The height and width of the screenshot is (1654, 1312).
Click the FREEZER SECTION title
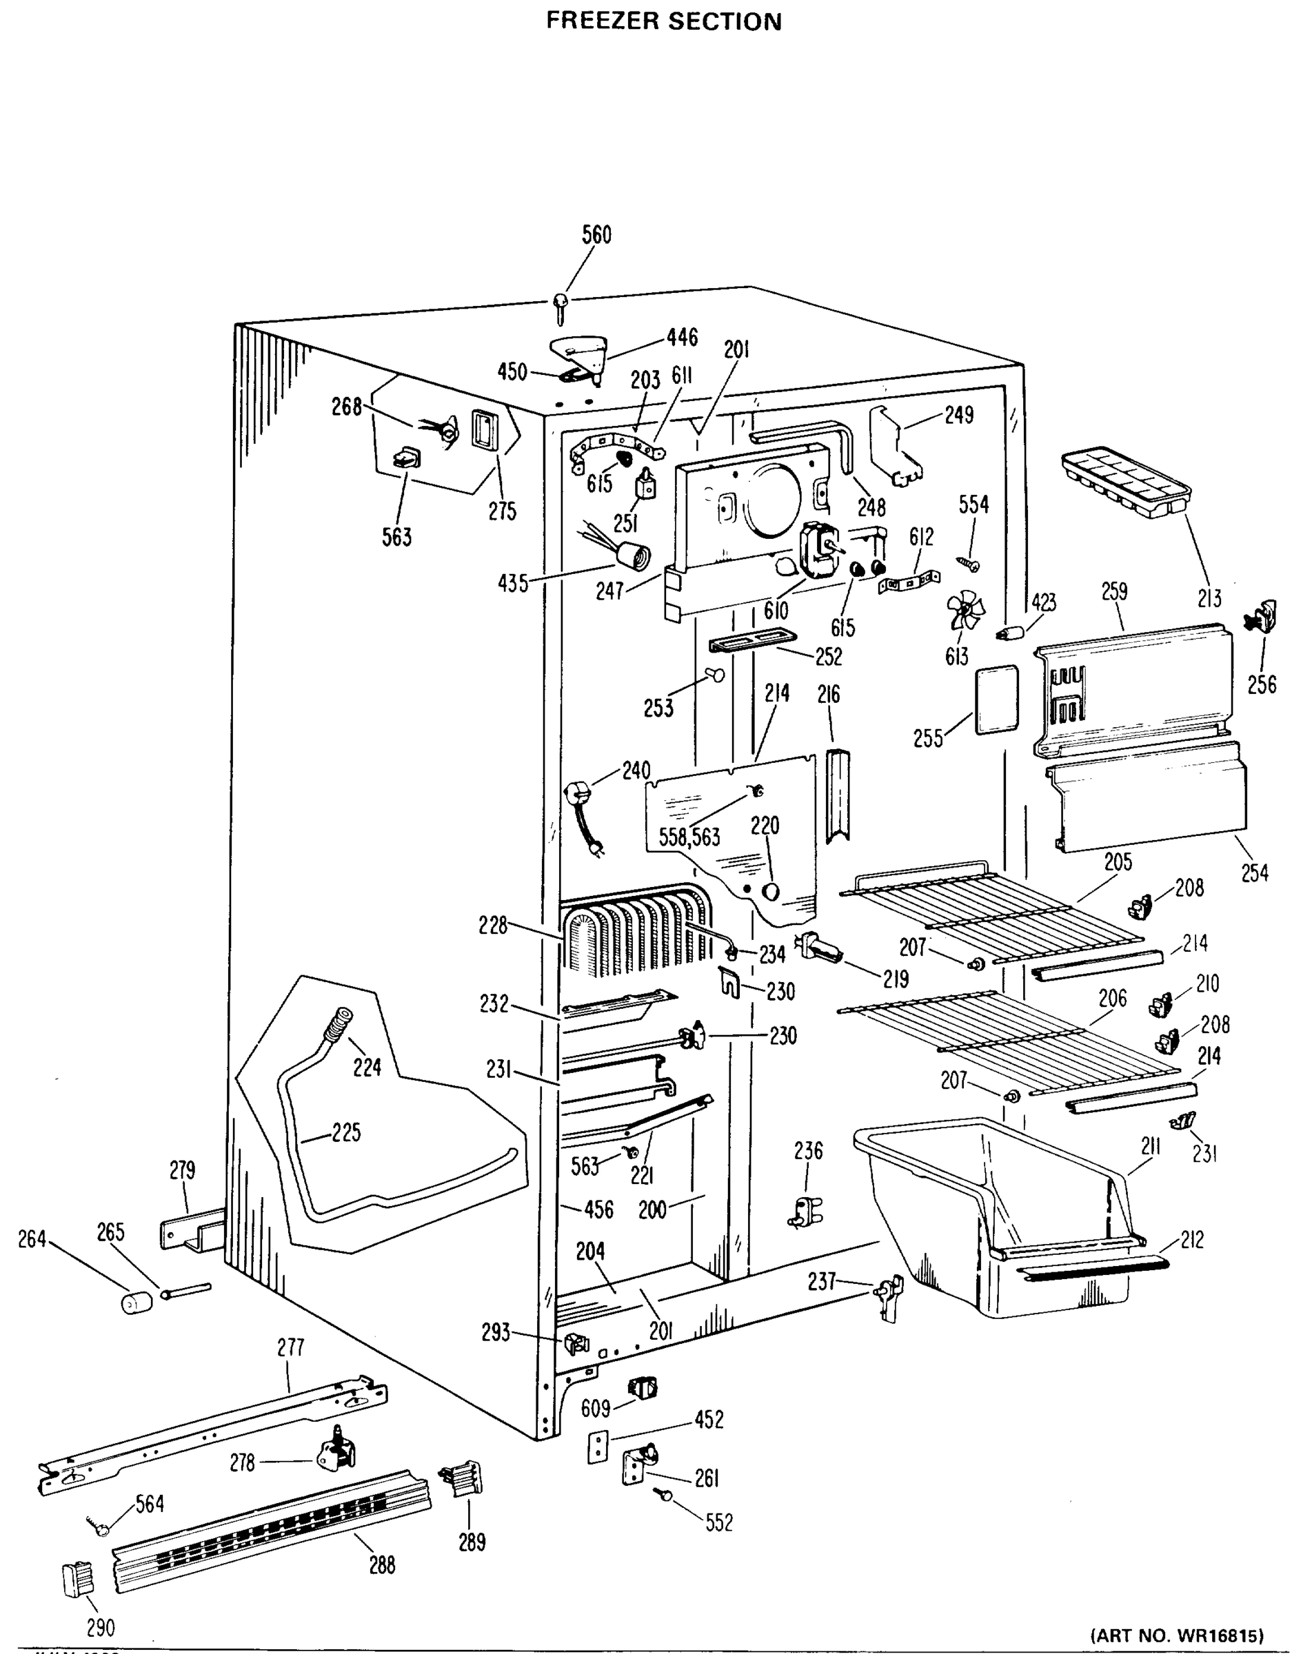[x=664, y=21]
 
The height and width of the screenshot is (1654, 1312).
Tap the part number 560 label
[x=596, y=235]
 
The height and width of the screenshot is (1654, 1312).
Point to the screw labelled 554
[x=967, y=564]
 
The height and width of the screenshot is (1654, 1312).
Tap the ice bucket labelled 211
[x=998, y=1212]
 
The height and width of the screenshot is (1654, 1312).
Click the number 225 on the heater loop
[x=346, y=1132]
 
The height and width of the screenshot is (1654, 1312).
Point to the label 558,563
[x=689, y=837]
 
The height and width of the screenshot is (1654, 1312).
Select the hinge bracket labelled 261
[x=639, y=1464]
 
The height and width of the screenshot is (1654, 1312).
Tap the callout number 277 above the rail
[x=291, y=1347]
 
